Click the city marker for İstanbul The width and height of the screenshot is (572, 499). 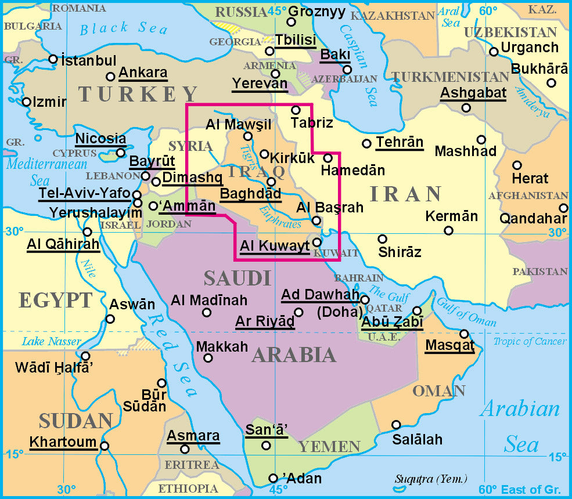[53, 59]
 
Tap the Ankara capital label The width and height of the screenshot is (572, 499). [142, 74]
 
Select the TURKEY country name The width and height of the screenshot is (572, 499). [138, 93]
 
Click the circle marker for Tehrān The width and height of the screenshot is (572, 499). [366, 143]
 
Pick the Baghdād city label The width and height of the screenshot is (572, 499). [250, 194]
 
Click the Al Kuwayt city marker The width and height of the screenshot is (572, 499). [316, 242]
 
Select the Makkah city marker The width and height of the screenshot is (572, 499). [208, 357]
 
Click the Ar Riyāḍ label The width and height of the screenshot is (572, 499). [265, 321]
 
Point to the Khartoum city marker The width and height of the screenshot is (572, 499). [104, 446]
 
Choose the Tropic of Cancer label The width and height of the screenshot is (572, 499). [529, 341]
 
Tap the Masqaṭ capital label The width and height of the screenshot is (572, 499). [449, 346]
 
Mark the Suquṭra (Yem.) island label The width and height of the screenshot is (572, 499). [431, 479]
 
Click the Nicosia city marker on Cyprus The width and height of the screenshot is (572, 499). [120, 153]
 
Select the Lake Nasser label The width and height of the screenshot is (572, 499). [52, 341]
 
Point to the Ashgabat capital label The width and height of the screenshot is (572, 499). [473, 92]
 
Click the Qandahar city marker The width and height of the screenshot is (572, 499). [563, 208]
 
